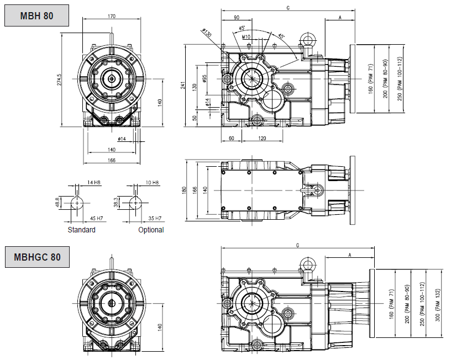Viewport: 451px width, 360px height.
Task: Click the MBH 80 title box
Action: (37, 15)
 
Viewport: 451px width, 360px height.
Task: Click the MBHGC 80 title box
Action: (37, 257)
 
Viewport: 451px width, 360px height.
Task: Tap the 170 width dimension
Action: (112, 17)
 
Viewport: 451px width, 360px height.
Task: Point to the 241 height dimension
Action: (182, 86)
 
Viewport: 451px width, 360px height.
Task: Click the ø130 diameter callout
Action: (207, 33)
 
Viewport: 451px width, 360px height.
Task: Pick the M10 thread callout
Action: (246, 37)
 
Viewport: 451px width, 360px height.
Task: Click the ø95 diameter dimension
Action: (204, 78)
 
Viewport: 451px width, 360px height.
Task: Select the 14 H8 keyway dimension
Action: (94, 182)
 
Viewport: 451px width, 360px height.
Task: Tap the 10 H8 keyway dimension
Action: (152, 182)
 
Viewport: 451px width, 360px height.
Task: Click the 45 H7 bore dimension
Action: (96, 218)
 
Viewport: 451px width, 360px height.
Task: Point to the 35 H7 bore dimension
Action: (155, 218)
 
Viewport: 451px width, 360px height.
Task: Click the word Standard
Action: (81, 230)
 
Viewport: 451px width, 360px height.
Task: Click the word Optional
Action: (151, 230)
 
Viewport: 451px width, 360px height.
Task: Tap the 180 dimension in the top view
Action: (185, 190)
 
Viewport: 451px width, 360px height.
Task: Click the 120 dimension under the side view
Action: (262, 139)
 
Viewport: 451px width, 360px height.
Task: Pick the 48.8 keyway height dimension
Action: (57, 203)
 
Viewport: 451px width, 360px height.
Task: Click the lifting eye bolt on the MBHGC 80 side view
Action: (308, 265)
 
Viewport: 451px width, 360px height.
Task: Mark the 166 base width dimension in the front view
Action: (112, 160)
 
